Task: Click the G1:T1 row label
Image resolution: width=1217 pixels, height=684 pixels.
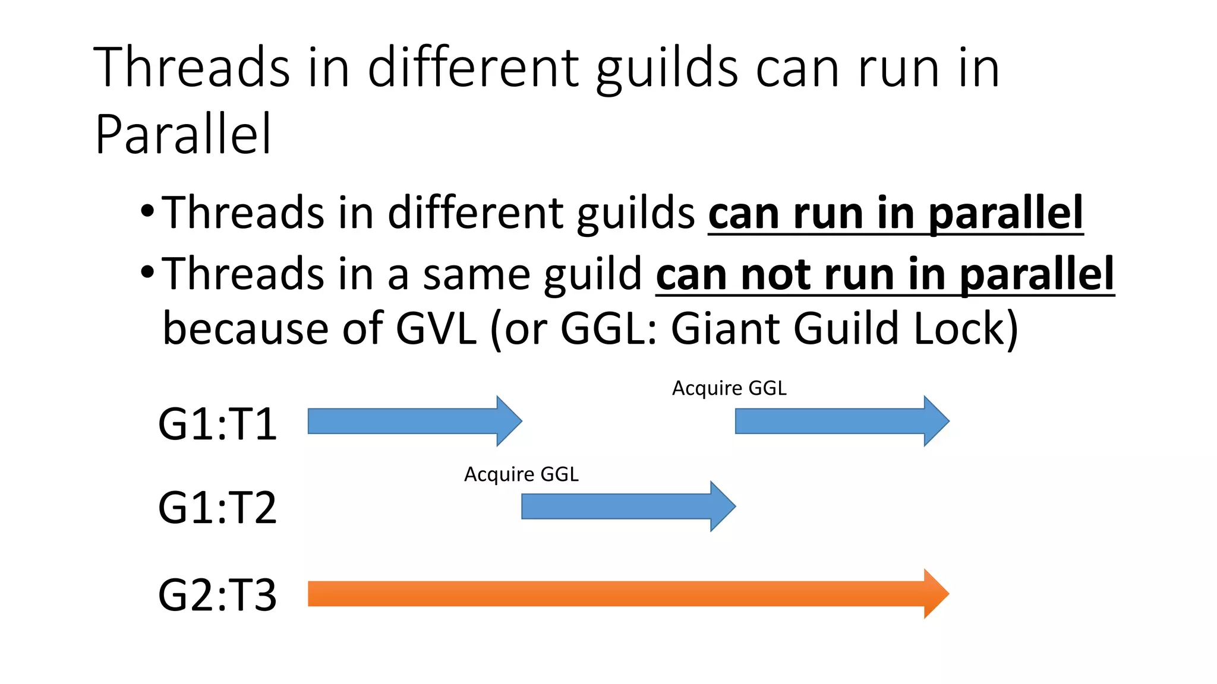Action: point(217,424)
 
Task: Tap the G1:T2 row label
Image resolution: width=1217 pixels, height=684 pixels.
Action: point(217,508)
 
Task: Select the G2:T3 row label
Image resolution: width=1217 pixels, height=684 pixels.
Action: point(217,595)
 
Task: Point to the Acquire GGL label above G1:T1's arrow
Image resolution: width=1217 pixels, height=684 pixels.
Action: point(729,388)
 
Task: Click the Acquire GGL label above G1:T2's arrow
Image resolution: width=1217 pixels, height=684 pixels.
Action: point(521,474)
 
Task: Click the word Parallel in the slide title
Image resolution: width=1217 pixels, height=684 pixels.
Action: point(183,134)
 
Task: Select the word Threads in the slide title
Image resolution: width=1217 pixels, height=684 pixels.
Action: point(191,68)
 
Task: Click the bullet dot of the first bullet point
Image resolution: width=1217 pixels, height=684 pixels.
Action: point(147,211)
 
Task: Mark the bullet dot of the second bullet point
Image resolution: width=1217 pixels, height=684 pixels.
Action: point(147,272)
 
